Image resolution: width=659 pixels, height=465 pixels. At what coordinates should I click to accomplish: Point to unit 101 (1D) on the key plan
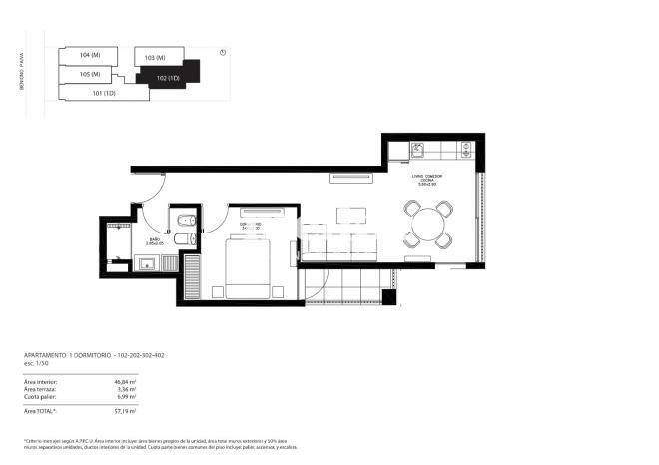pos(105,94)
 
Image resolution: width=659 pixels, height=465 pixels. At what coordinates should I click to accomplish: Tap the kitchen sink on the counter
pos(419,151)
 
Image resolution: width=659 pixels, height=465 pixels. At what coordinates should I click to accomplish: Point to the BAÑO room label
pos(155,239)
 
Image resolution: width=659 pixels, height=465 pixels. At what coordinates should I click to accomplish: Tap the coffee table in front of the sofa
pos(350,215)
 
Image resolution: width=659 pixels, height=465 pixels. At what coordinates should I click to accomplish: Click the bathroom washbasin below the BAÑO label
pos(146,263)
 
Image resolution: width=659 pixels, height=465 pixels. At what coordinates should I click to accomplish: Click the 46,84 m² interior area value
pos(126,381)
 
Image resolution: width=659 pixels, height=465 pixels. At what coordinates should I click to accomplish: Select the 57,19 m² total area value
pos(126,410)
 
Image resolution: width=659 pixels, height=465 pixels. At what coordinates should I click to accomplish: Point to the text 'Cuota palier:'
pos(41,397)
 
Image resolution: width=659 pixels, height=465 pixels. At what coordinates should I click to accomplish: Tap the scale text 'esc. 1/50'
pos(36,364)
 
